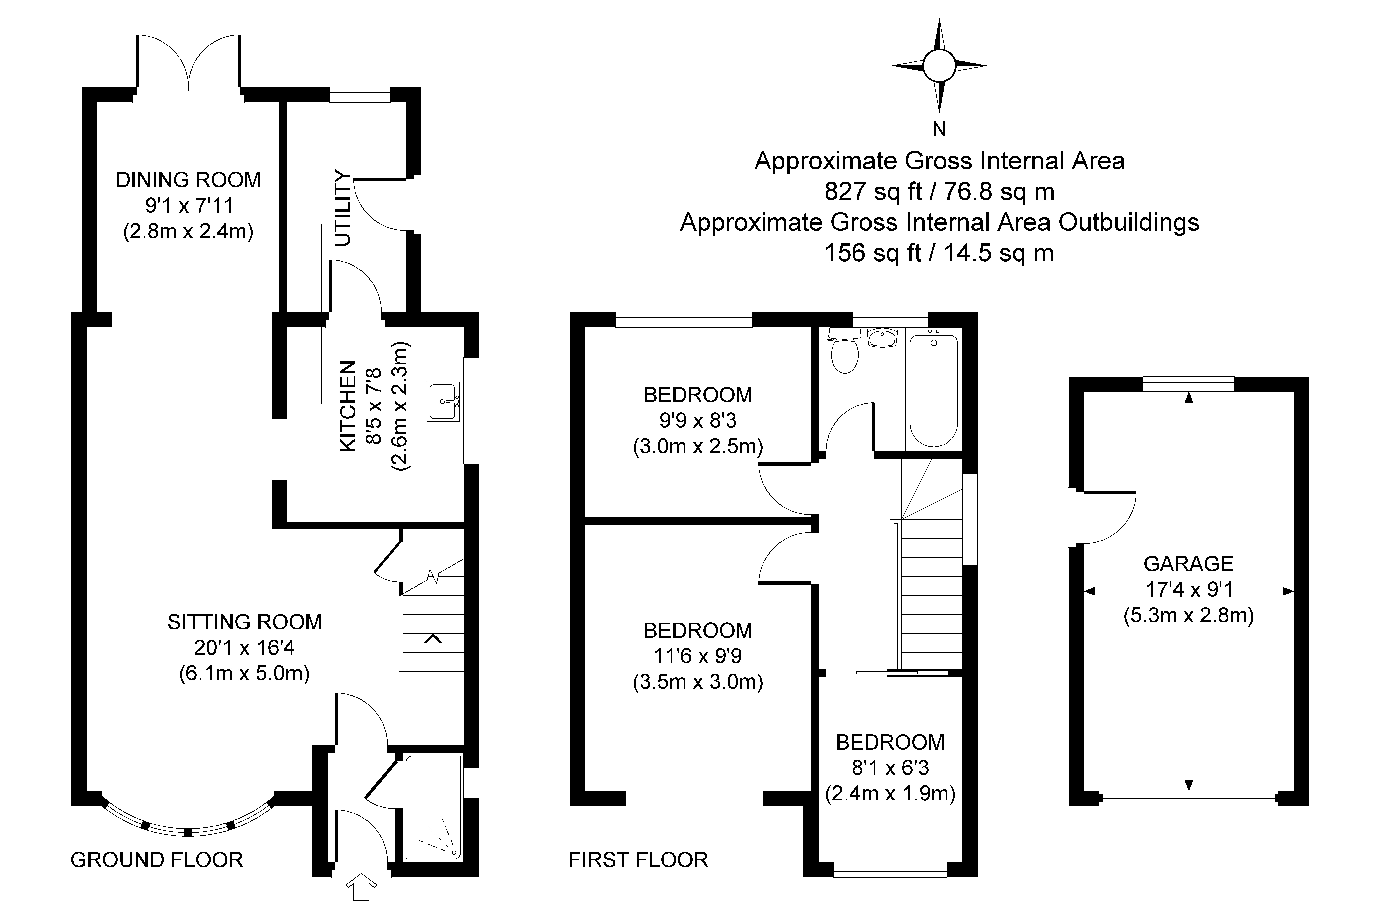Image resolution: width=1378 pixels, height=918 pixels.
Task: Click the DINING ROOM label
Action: (188, 180)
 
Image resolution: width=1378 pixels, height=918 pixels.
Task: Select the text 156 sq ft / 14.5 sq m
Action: (939, 253)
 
